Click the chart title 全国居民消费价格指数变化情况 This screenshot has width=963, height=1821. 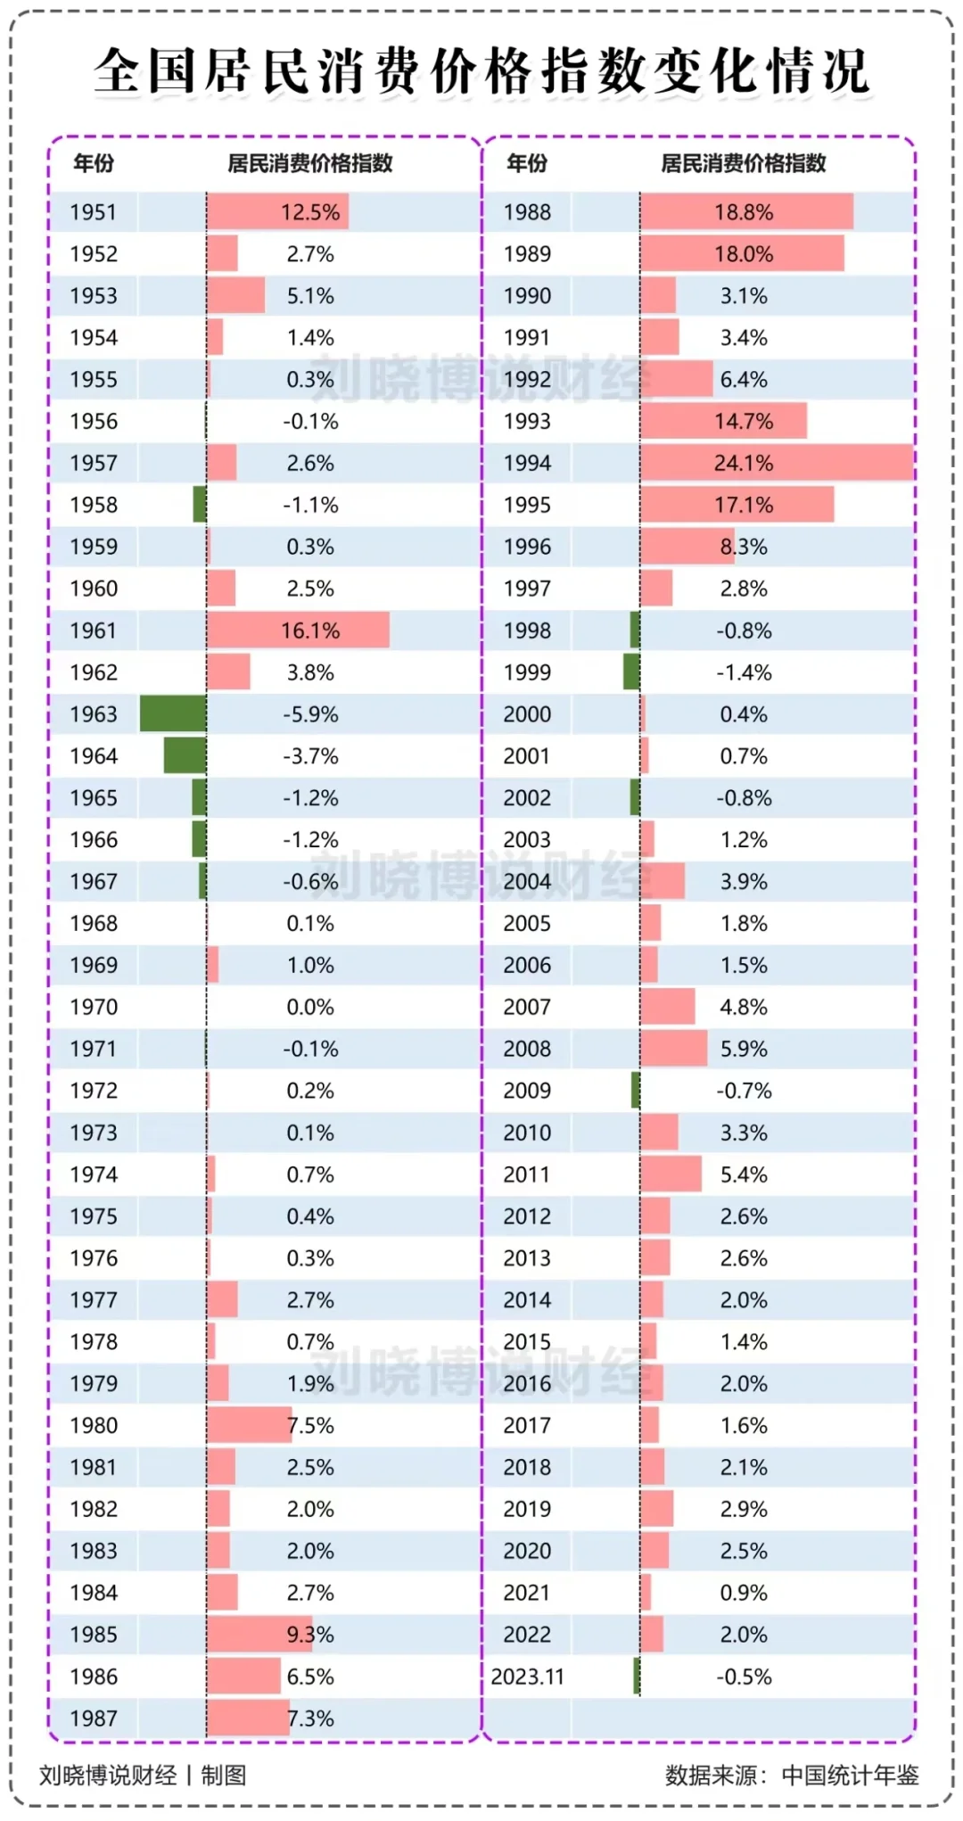tap(481, 71)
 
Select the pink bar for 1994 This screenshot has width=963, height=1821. tap(777, 463)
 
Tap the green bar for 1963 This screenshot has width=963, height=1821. tap(173, 714)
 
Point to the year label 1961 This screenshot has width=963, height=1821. tap(94, 630)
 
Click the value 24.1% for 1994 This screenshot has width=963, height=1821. tap(744, 463)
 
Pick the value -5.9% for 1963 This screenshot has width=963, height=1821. tap(310, 714)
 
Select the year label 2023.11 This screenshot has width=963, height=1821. tap(527, 1677)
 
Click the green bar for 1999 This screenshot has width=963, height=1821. tap(631, 672)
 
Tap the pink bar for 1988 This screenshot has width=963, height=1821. tap(746, 211)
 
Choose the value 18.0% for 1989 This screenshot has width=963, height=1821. tap(744, 254)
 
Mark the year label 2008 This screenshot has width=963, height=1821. tap(527, 1049)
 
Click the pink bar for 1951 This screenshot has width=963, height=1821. tap(277, 211)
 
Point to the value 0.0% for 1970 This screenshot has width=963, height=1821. tap(310, 1007)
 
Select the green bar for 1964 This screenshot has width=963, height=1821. tap(185, 755)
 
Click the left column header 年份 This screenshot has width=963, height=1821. tap(94, 163)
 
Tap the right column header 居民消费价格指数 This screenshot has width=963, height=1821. tap(744, 163)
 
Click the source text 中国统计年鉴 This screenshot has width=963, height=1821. tap(850, 1775)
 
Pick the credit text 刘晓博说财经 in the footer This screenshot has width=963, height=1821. tap(108, 1775)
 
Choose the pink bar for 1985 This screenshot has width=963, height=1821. tap(259, 1635)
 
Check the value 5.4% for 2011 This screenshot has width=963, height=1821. tap(744, 1174)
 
